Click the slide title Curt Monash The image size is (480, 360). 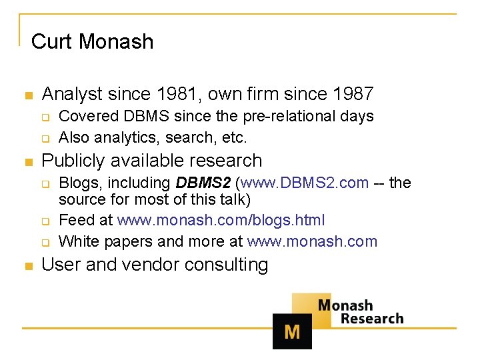click(92, 41)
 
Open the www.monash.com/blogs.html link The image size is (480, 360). click(221, 220)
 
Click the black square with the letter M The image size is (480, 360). click(292, 331)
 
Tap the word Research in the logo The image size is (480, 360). click(372, 319)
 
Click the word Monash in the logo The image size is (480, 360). click(345, 305)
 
